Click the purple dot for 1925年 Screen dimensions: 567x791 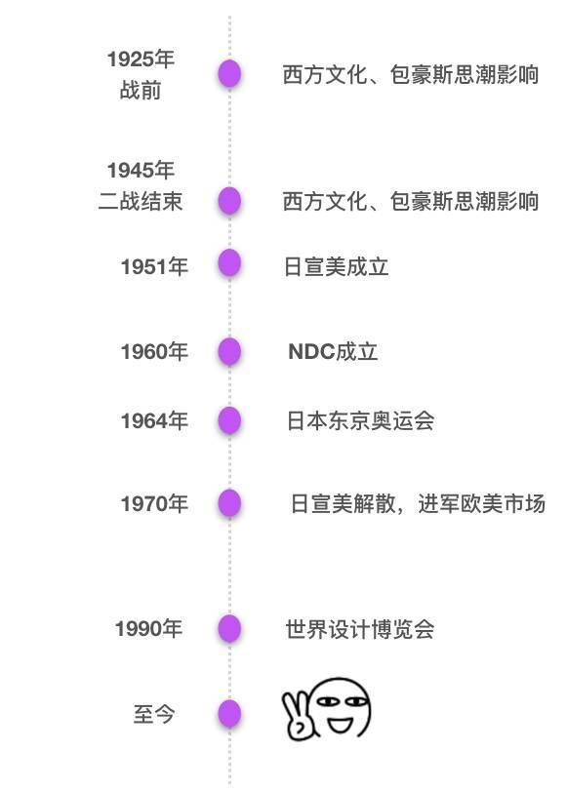coord(229,74)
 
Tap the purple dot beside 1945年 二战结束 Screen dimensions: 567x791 coord(229,201)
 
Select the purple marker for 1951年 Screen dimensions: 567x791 coord(229,262)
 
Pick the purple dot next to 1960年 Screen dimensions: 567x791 coord(229,351)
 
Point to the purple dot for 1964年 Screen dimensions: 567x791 coord(229,420)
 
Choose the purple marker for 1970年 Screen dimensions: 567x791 coord(229,503)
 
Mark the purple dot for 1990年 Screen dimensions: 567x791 coord(229,628)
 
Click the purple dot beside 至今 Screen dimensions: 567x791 coord(229,714)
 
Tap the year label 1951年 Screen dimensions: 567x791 coord(154,266)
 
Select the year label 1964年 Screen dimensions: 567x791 coord(154,420)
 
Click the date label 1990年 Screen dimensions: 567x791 coord(148,628)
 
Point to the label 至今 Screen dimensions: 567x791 coord(154,714)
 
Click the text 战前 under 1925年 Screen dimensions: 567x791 coord(141,91)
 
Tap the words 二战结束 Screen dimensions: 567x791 coord(140,201)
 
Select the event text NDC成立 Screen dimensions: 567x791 coord(333,352)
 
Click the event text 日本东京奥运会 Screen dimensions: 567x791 coord(360,420)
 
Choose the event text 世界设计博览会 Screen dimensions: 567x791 coord(360,629)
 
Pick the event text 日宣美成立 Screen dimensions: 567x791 coord(337,267)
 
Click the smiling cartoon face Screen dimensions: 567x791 coord(343,707)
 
